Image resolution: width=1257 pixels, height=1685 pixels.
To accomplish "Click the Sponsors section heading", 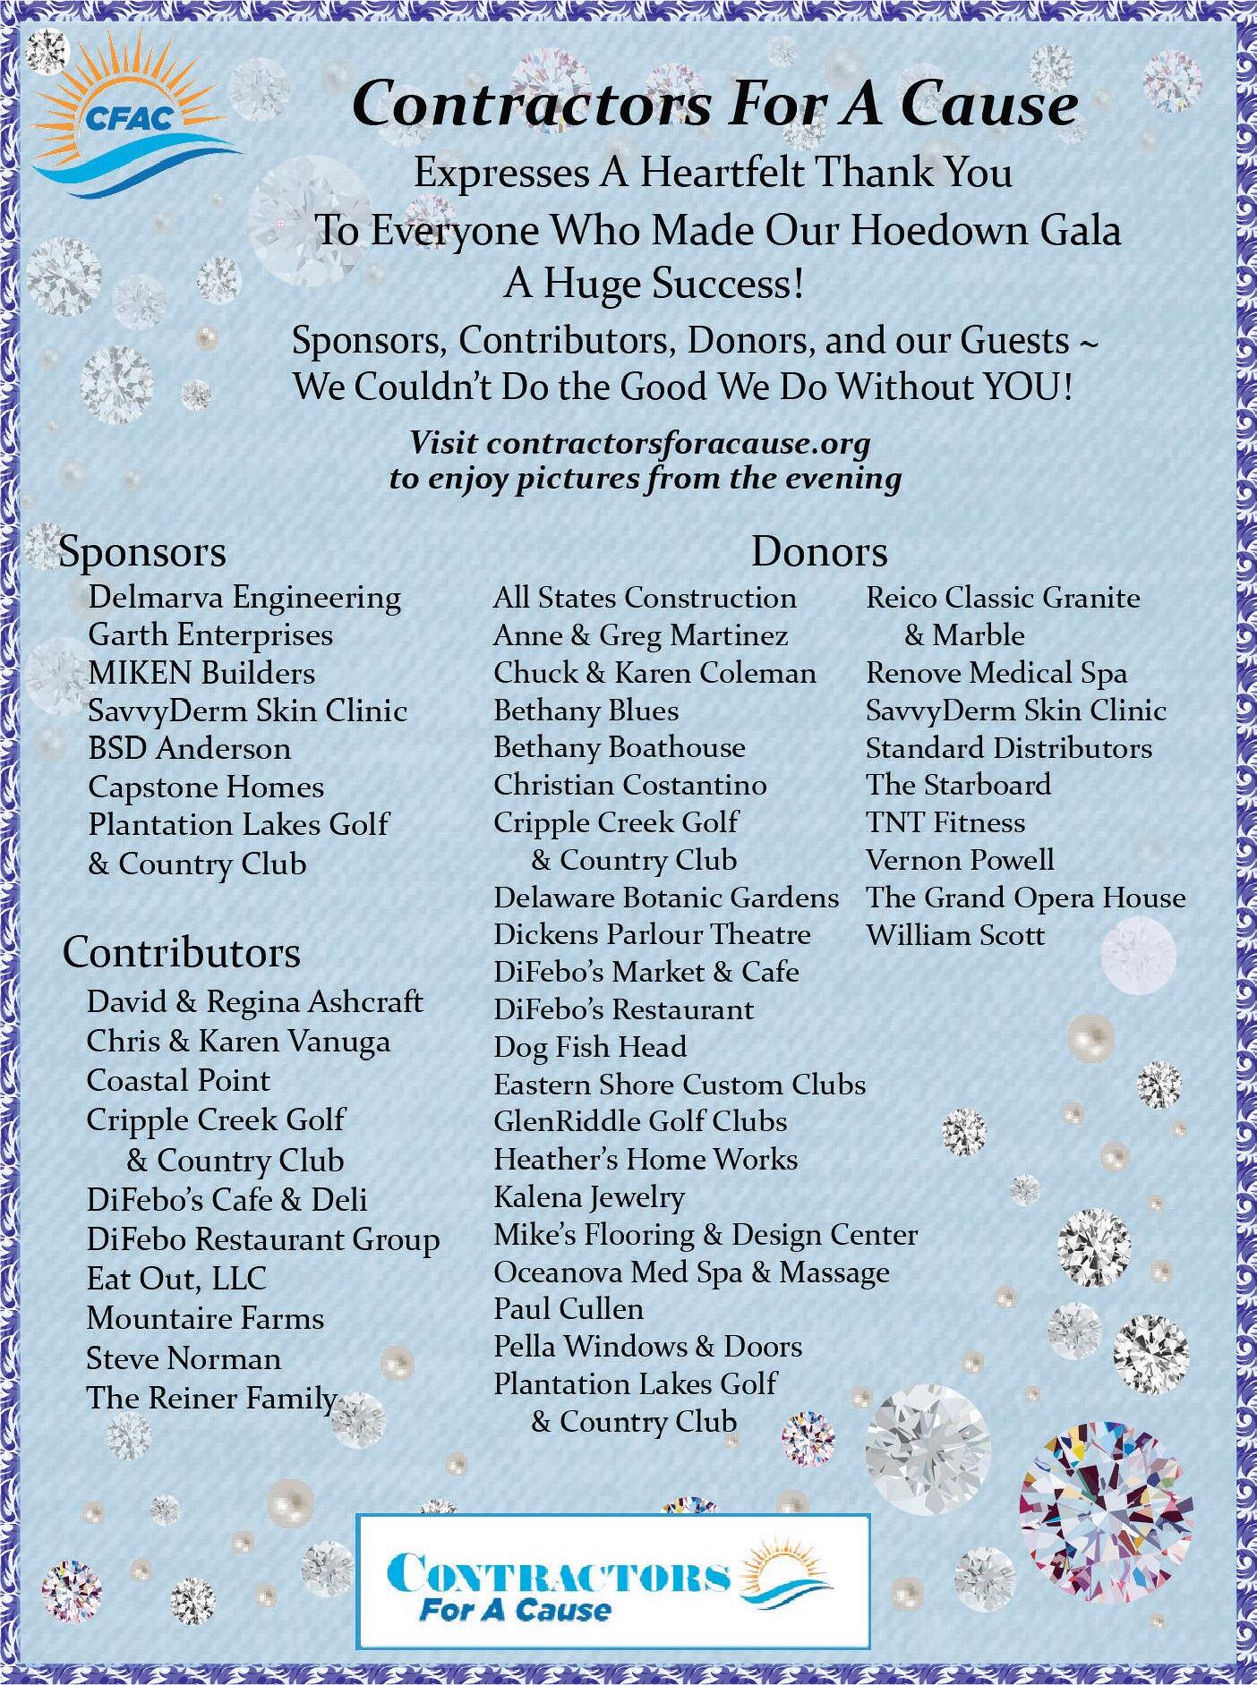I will tap(141, 552).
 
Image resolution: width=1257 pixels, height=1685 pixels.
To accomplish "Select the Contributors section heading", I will tap(181, 953).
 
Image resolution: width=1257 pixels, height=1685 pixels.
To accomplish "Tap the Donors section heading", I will tap(819, 551).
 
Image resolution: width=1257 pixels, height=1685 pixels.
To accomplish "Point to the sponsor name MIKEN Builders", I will tap(201, 673).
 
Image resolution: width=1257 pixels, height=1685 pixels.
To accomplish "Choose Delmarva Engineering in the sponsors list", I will tap(244, 598).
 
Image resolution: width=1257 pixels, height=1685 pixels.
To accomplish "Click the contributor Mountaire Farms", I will tap(205, 1318).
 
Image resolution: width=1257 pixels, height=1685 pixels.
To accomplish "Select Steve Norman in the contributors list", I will tap(184, 1358).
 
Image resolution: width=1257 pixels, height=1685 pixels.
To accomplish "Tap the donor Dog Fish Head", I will tap(590, 1047).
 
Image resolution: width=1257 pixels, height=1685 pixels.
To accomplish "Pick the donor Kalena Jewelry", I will tap(589, 1197).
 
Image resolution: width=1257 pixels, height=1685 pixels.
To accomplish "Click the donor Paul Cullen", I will tap(569, 1309).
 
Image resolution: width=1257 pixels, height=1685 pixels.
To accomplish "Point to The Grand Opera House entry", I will tap(1025, 898).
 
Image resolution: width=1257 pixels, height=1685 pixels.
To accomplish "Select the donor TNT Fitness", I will tap(945, 822).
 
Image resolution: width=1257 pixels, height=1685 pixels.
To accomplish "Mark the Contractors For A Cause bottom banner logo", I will tap(613, 1582).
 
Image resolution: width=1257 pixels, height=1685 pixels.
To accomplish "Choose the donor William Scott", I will tap(955, 935).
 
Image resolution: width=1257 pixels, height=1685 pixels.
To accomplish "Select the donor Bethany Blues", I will tap(586, 711).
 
